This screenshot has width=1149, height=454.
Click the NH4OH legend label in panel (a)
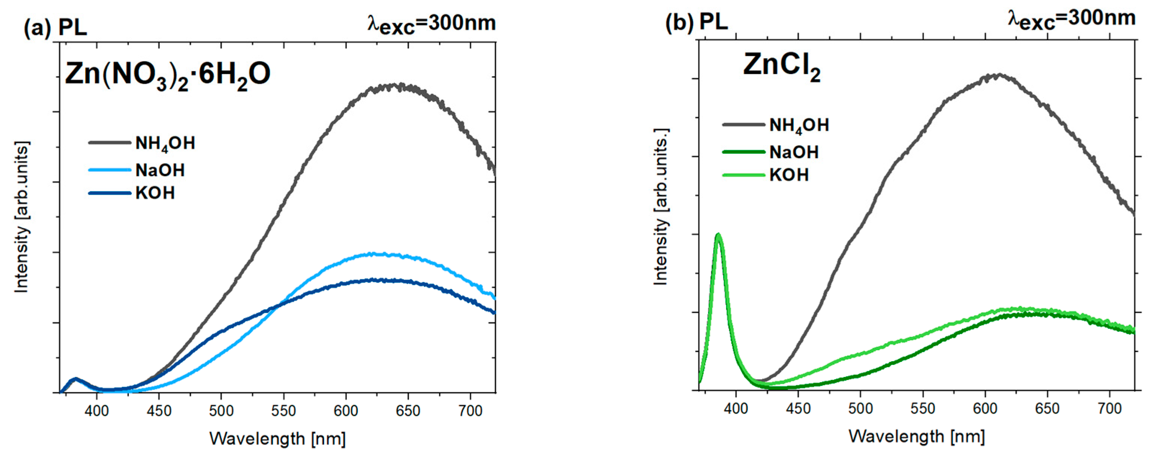pyautogui.click(x=165, y=144)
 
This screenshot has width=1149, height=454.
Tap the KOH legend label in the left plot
pyautogui.click(x=155, y=193)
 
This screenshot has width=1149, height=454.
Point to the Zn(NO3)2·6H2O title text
pyautogui.click(x=168, y=74)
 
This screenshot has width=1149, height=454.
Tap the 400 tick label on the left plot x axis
pyautogui.click(x=97, y=410)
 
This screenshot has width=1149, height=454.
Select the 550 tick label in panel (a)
pyautogui.click(x=284, y=410)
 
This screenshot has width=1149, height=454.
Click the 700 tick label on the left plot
pyautogui.click(x=471, y=410)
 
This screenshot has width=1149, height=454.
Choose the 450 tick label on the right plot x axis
pyautogui.click(x=798, y=409)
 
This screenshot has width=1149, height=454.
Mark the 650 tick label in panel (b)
pyautogui.click(x=1047, y=409)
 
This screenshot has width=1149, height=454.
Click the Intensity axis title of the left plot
pyautogui.click(x=22, y=217)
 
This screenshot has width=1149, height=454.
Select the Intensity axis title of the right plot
pyautogui.click(x=661, y=206)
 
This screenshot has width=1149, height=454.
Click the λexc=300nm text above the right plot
pyautogui.click(x=1071, y=20)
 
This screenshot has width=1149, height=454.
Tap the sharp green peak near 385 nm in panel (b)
pyautogui.click(x=718, y=235)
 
